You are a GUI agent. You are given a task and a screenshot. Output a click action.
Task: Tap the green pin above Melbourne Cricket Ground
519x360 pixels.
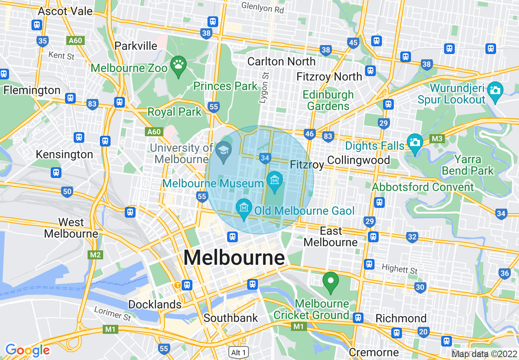point(331,281)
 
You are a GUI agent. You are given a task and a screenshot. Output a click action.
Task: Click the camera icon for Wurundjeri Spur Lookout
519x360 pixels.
point(495,89)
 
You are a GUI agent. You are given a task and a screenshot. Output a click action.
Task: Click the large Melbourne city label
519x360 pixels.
point(234,258)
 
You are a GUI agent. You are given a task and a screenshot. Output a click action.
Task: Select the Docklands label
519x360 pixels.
point(155,304)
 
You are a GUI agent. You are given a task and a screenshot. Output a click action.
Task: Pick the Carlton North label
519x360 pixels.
point(282,61)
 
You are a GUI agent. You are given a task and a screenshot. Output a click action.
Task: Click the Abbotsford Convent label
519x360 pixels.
point(423,187)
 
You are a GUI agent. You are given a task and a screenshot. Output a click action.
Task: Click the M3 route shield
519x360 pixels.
point(437,139)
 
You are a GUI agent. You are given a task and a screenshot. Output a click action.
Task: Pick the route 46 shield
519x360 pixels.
point(309,134)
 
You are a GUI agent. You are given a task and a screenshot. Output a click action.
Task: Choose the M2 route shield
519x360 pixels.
point(95,255)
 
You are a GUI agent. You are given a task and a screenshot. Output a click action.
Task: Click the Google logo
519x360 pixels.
point(27,350)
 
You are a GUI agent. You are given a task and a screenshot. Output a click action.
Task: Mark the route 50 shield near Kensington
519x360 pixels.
point(67,191)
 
